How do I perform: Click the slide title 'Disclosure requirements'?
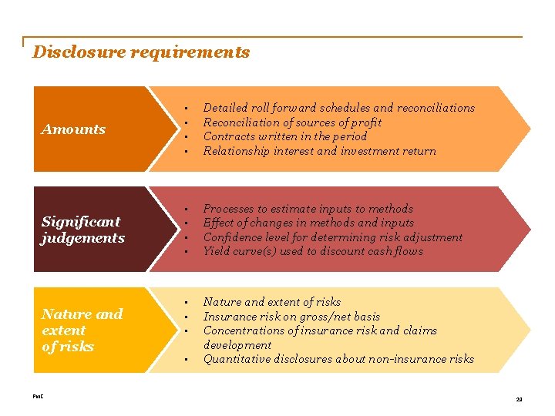[141, 52]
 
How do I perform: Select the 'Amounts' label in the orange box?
[73, 129]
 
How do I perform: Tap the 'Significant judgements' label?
[82, 230]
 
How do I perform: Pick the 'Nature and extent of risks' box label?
[82, 330]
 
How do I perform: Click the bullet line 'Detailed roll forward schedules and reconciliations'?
[338, 108]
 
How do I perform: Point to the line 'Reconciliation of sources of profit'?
[292, 122]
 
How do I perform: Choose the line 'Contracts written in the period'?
[284, 136]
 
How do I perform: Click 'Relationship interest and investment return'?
[319, 151]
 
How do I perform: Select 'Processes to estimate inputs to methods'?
[308, 209]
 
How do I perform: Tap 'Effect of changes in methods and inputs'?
[308, 223]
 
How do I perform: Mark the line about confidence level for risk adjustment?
[332, 237]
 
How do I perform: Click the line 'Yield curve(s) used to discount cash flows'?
[313, 251]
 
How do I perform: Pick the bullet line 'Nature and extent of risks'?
[271, 302]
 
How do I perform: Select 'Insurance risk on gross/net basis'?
[291, 317]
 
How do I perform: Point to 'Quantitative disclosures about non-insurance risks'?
[338, 359]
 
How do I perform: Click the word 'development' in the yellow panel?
[237, 345]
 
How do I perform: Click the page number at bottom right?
[518, 399]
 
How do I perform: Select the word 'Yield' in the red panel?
[216, 251]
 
